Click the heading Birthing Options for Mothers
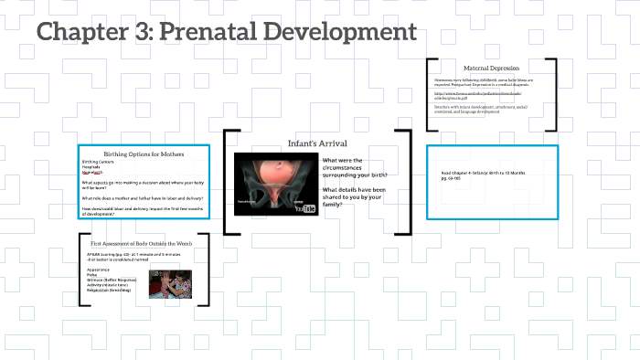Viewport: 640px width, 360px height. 144,154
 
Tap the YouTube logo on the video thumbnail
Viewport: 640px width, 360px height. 308,208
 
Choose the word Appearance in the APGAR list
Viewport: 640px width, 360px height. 99,270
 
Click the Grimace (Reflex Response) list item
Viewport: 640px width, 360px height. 115,280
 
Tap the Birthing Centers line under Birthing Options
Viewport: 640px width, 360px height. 97,162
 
